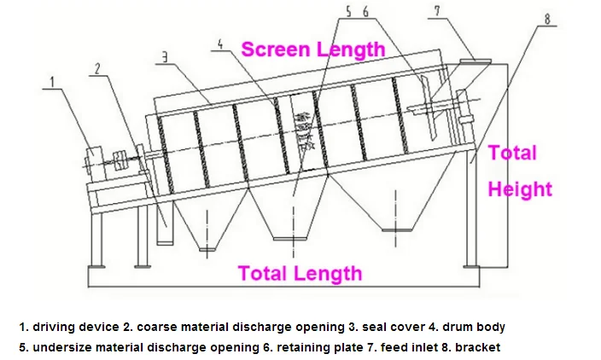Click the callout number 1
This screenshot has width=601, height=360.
[53, 82]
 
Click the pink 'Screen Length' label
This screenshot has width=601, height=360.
[312, 49]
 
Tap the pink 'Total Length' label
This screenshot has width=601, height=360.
[300, 273]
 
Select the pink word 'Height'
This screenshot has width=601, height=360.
[520, 189]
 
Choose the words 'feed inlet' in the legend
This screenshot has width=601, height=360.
[412, 347]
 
